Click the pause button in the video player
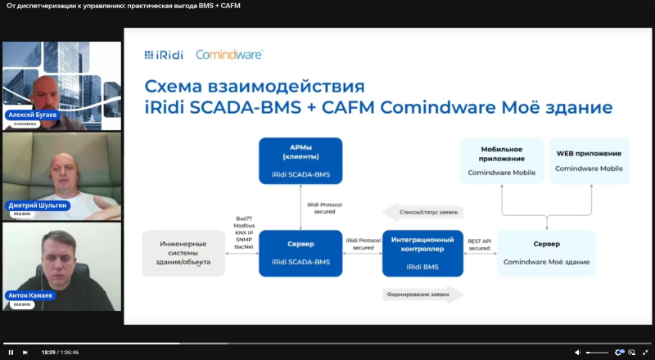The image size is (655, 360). [x=11, y=352]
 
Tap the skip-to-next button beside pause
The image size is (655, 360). [x=25, y=352]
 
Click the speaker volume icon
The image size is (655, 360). [x=578, y=352]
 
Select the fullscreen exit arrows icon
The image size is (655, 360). [x=645, y=352]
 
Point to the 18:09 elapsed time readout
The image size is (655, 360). [x=47, y=352]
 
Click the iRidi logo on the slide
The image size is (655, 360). [x=164, y=55]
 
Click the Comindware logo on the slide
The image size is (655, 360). [x=229, y=55]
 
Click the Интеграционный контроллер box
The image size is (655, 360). [x=423, y=254]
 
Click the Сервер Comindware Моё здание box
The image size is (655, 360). [x=546, y=254]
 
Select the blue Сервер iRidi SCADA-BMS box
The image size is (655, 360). [x=300, y=254]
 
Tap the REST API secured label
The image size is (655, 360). [x=480, y=245]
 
